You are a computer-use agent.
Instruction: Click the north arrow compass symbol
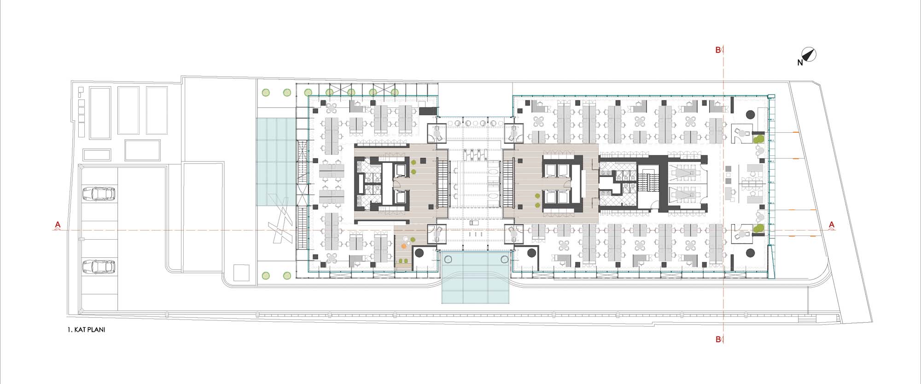click(x=810, y=55)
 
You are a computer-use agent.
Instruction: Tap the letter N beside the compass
click(x=800, y=63)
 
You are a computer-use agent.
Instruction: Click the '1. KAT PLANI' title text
click(x=86, y=330)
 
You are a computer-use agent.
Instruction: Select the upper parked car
click(x=99, y=194)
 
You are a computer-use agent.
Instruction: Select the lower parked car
click(x=99, y=266)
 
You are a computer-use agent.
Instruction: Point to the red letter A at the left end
click(x=58, y=225)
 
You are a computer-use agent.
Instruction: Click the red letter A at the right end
click(x=832, y=225)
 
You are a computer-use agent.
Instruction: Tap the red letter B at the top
click(x=718, y=50)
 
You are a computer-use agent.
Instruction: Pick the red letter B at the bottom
click(x=718, y=339)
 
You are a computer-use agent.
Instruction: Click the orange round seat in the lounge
click(x=404, y=247)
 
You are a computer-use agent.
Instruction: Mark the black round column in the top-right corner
click(x=750, y=114)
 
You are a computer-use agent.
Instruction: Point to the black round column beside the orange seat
click(x=420, y=253)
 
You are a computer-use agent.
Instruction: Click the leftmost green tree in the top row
click(x=266, y=93)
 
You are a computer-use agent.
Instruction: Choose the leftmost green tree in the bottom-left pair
click(x=266, y=276)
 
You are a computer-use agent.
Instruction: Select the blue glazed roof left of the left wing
click(x=276, y=161)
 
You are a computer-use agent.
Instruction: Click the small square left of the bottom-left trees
click(x=241, y=272)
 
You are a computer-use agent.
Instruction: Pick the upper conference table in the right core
click(x=685, y=172)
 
